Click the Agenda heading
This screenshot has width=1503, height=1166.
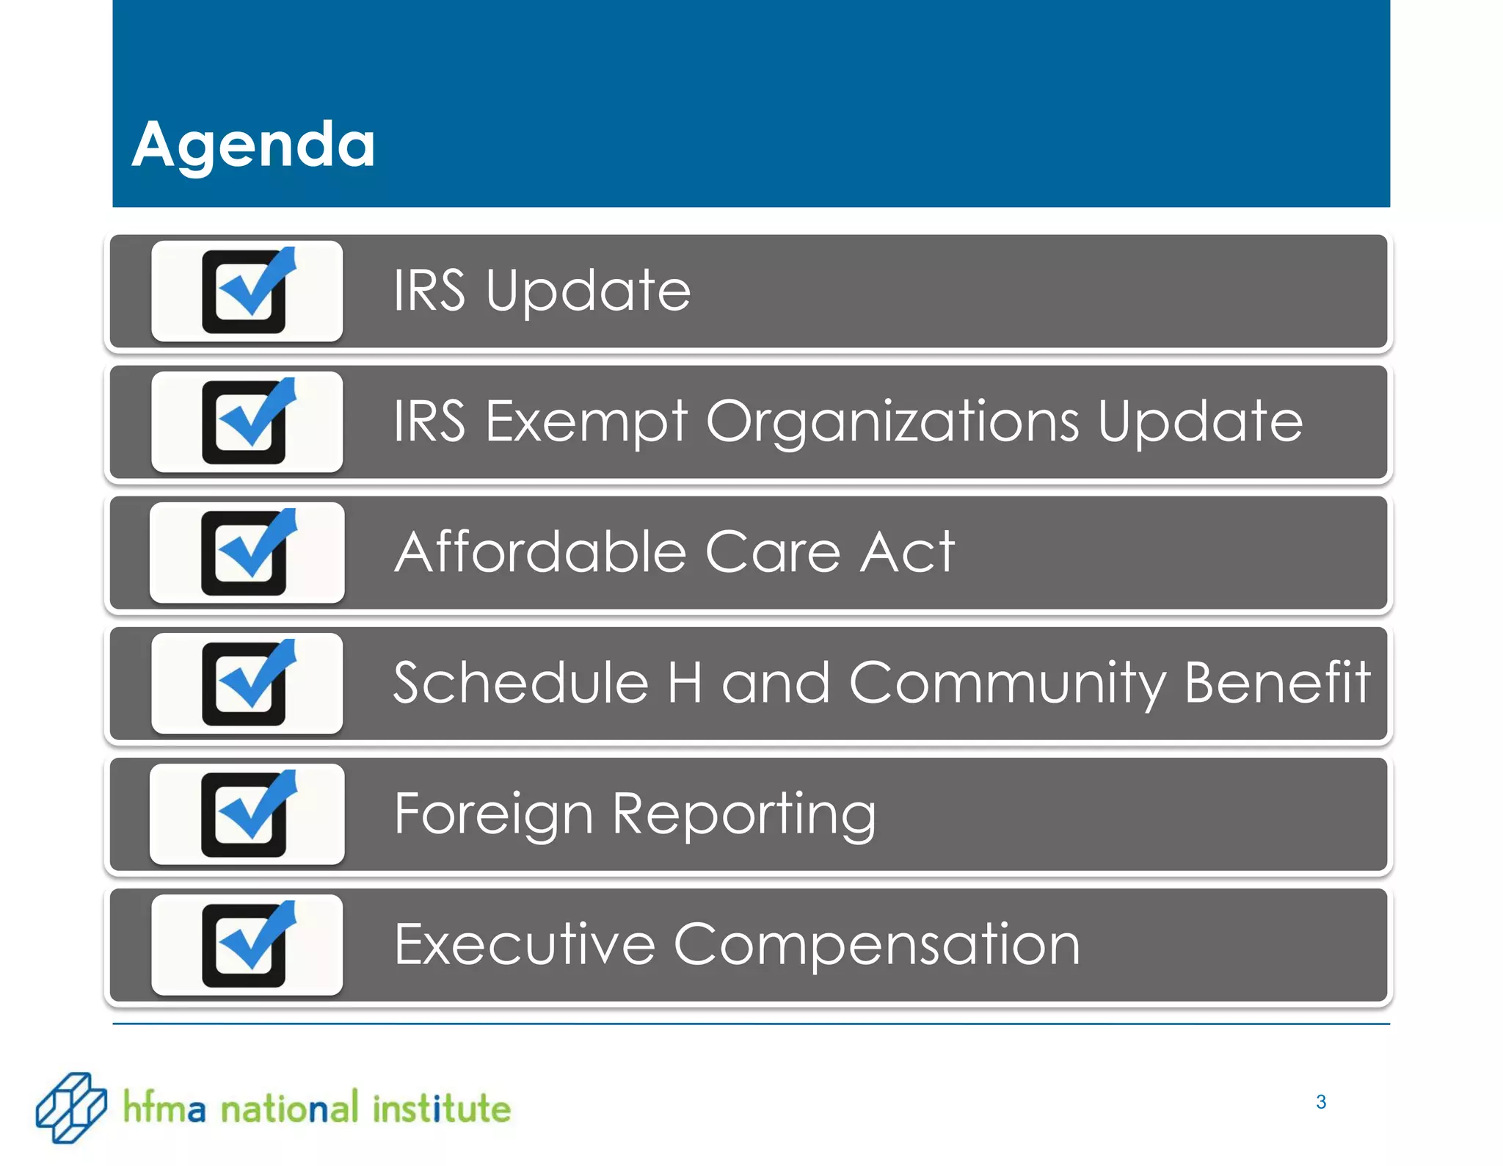253,145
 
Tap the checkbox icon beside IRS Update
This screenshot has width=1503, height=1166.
247,291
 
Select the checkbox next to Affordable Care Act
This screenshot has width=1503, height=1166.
247,553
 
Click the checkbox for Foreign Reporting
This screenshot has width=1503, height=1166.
247,814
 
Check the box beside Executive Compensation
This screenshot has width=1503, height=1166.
247,945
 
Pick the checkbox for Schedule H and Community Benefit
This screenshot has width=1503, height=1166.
247,684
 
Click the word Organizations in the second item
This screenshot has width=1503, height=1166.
892,422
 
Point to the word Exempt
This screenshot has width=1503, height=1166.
586,422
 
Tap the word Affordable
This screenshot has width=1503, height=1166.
539,552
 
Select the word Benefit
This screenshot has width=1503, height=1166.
1277,682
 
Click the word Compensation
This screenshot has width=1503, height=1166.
877,946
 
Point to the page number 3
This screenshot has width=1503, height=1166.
1321,1102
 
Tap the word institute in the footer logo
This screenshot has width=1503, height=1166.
441,1108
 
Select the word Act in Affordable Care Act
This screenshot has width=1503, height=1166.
907,552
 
